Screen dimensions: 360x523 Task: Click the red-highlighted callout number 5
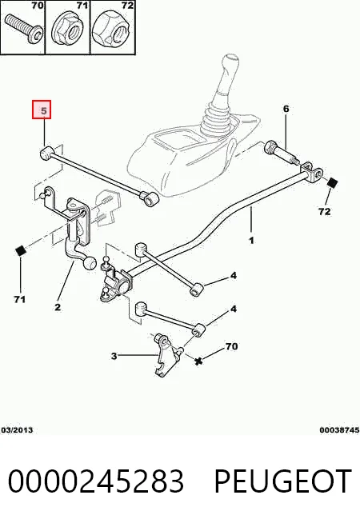tap(42, 110)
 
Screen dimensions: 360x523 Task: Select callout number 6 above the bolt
tap(286, 109)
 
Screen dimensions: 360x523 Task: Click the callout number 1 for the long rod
tap(251, 240)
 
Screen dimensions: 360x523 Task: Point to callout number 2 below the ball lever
tap(58, 306)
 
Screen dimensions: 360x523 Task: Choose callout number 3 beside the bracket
tap(114, 356)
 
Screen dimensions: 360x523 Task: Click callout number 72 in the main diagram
tap(324, 211)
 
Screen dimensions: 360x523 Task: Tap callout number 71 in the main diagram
tap(20, 299)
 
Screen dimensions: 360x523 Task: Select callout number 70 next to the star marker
tap(231, 346)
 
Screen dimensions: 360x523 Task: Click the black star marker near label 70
tap(199, 361)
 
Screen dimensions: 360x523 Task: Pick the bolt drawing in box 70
tap(24, 29)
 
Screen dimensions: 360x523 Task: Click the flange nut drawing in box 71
tap(67, 30)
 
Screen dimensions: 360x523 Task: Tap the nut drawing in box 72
tap(112, 31)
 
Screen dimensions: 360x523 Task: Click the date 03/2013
tap(17, 429)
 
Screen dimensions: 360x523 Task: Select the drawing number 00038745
tap(339, 429)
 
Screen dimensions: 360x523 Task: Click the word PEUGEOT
tap(282, 481)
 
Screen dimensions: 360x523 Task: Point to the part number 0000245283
tap(96, 481)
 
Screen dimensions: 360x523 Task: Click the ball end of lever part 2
tap(90, 264)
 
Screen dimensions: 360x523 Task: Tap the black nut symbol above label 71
tap(21, 250)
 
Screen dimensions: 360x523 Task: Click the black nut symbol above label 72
tap(333, 183)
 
